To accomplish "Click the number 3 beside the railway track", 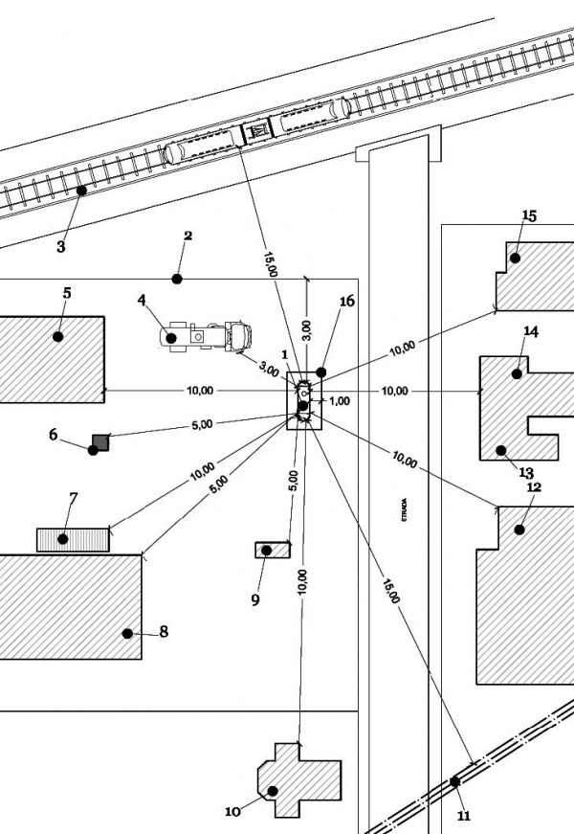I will click(x=60, y=247).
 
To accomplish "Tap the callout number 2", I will click(x=188, y=236).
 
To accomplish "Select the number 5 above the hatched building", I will click(x=66, y=293).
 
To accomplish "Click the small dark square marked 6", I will click(x=100, y=441).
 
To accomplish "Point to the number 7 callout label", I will click(x=73, y=497).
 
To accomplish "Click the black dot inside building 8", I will click(x=126, y=633).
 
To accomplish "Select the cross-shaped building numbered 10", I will click(x=298, y=779).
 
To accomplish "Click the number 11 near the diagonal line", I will click(x=464, y=816).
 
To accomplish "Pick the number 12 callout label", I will click(x=534, y=487).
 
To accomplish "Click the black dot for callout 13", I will click(x=500, y=448).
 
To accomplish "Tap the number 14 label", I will click(x=531, y=332).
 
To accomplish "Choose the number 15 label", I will click(x=529, y=215).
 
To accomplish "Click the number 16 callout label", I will click(x=346, y=302).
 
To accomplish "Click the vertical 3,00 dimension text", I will click(x=306, y=329).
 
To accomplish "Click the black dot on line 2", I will click(x=176, y=279).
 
